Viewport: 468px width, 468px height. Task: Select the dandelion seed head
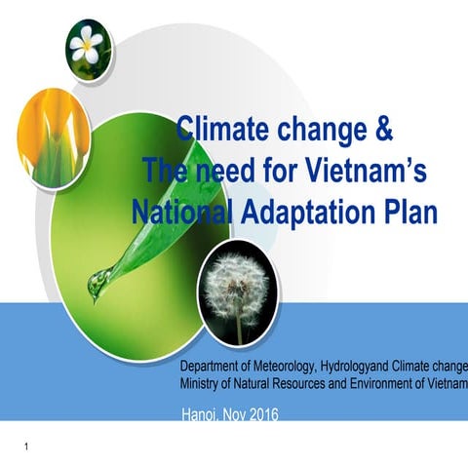(238, 280)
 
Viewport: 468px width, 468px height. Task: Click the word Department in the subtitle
(213, 365)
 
